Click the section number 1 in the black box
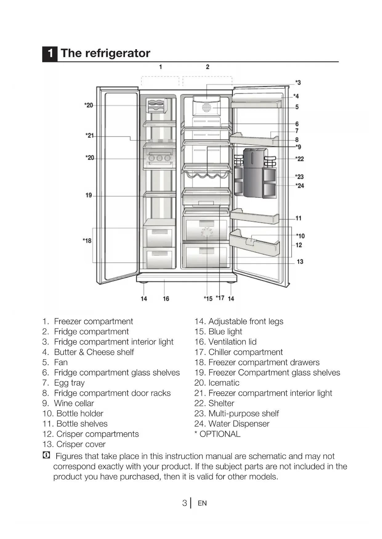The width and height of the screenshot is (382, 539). tap(50, 53)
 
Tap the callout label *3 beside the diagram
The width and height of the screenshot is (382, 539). tap(298, 82)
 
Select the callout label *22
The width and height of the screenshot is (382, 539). tap(300, 159)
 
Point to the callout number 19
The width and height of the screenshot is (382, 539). tap(89, 195)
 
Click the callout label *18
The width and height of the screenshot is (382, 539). tap(87, 241)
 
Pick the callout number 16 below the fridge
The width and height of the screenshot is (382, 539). tap(166, 299)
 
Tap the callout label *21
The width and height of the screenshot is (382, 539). tap(90, 136)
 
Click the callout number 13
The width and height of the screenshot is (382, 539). tap(300, 262)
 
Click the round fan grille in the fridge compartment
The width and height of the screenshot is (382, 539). tap(207, 108)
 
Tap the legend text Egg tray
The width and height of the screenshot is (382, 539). tap(69, 383)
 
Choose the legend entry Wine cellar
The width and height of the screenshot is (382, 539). tap(74, 403)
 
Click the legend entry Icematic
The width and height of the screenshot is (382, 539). tap(224, 383)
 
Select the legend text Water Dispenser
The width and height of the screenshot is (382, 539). tap(239, 424)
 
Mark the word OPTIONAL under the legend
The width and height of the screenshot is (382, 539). tap(220, 434)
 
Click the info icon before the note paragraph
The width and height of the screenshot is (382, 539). tap(46, 455)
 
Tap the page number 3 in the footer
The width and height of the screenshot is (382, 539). tap(184, 503)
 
